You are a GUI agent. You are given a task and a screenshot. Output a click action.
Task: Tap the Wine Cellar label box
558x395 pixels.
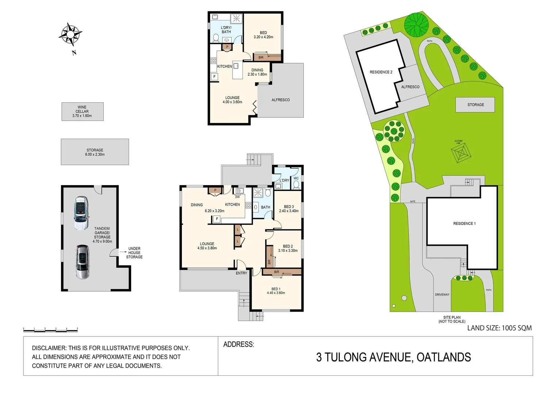click(x=82, y=112)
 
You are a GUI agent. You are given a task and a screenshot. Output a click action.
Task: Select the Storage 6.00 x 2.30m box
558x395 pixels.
click(x=95, y=152)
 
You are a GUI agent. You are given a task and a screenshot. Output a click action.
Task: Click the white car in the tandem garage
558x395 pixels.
click(x=81, y=213)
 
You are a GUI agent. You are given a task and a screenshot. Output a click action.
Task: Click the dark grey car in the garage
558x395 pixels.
click(x=83, y=262)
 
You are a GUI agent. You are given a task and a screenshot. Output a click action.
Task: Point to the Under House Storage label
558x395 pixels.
click(x=134, y=253)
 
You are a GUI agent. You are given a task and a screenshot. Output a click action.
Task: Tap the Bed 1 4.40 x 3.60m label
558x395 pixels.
click(x=276, y=291)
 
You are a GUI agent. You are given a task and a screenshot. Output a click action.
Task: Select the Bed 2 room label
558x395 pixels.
click(x=288, y=248)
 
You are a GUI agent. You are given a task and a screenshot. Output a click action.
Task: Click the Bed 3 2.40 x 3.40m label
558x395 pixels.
click(x=288, y=209)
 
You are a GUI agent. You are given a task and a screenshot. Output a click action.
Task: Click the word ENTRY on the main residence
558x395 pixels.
click(x=241, y=273)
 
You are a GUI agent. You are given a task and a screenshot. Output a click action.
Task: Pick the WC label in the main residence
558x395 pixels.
click(x=296, y=178)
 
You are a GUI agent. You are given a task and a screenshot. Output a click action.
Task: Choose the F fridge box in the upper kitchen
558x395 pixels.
click(x=214, y=77)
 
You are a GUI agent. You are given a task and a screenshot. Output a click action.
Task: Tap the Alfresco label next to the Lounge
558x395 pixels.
click(x=280, y=100)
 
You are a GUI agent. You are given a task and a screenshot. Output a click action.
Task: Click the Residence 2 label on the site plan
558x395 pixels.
click(x=381, y=72)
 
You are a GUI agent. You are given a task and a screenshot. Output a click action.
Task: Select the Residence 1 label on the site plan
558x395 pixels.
click(x=464, y=223)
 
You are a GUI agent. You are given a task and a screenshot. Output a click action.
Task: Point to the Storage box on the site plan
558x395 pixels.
click(x=475, y=105)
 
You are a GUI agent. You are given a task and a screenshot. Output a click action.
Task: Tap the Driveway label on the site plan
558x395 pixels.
click(x=442, y=294)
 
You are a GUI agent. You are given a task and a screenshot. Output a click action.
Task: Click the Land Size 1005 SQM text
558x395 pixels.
click(x=499, y=328)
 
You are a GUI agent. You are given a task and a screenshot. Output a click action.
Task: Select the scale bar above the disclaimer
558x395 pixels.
click(x=50, y=330)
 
